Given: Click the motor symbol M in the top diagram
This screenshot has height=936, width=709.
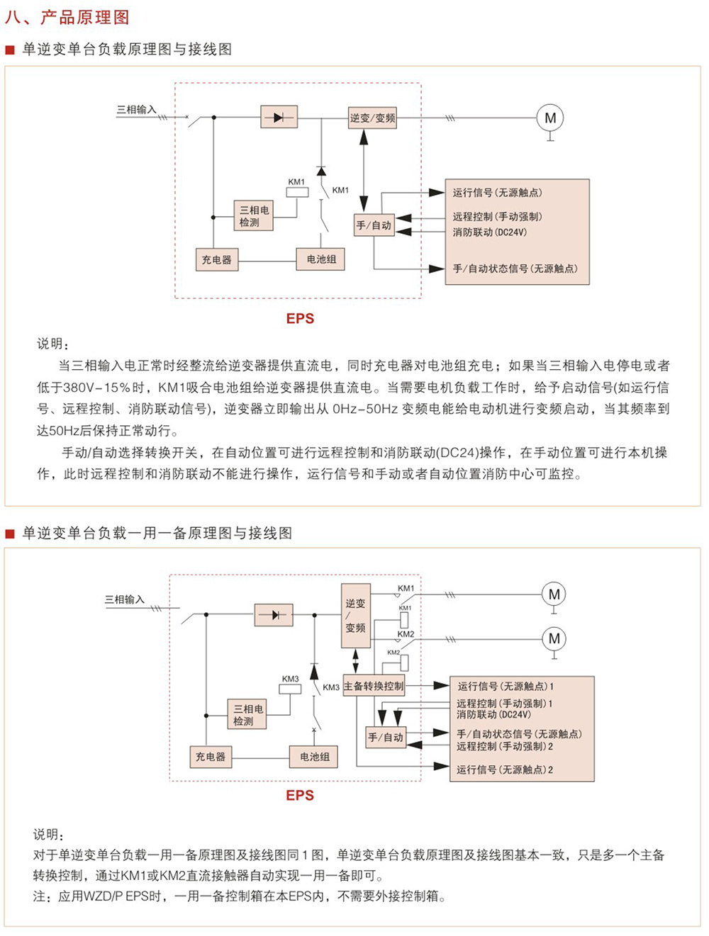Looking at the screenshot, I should (x=550, y=118).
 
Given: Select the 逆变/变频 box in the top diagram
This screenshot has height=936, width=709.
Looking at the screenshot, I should (x=372, y=118).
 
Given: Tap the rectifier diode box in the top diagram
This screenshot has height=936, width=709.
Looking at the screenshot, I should (x=279, y=117).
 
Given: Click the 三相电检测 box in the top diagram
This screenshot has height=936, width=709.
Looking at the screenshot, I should (x=254, y=215).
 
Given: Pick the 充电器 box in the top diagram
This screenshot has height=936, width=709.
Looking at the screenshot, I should (x=216, y=259).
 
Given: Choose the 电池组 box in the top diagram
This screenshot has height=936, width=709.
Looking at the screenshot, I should (x=321, y=259).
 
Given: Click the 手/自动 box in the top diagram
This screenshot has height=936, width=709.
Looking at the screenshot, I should (x=374, y=225).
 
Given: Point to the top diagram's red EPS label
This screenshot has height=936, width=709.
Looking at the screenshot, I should (x=300, y=319).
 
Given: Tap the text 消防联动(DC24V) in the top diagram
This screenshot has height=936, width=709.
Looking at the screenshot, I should (x=490, y=232).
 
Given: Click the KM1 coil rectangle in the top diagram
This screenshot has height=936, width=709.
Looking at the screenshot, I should (x=296, y=193).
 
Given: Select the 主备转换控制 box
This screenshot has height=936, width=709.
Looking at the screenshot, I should (x=374, y=686).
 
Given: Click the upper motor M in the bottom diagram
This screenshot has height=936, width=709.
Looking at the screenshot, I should (x=554, y=594).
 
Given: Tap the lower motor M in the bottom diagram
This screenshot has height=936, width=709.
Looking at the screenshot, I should (x=554, y=638).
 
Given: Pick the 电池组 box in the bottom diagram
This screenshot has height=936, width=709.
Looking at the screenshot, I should (x=314, y=757).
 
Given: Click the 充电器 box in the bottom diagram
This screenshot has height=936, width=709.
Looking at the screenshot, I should (x=211, y=757).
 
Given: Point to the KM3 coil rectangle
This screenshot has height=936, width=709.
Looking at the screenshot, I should (x=290, y=689).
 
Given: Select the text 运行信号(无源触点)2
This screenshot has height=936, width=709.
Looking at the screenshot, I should (x=506, y=769).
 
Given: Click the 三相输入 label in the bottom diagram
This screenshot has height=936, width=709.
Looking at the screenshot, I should (x=125, y=599).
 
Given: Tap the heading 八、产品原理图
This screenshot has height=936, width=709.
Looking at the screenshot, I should (x=67, y=17).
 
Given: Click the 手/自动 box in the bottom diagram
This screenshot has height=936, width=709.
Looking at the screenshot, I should (x=386, y=738).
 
